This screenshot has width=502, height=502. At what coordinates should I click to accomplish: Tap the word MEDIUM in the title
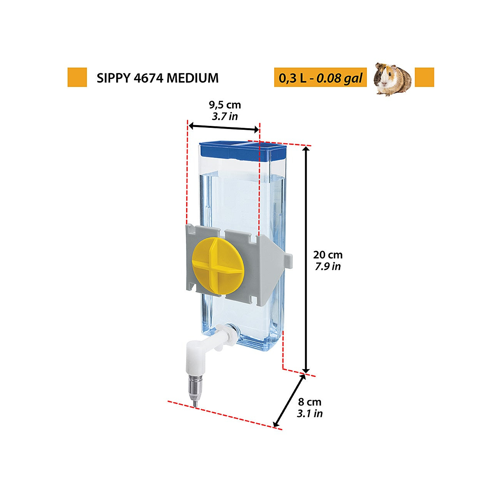point(193,78)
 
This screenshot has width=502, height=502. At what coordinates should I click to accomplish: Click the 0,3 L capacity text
point(293,78)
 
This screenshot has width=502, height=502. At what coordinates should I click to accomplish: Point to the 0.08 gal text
point(339,78)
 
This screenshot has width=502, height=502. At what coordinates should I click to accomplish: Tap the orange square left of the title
point(77,77)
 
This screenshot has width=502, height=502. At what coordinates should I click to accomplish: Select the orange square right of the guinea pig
point(424,77)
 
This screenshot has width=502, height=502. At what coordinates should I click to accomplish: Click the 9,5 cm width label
point(225,105)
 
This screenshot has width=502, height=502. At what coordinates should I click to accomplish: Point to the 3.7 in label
point(225,116)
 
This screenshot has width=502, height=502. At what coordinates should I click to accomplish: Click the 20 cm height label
point(328,254)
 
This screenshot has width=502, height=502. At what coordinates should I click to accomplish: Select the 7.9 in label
point(328,266)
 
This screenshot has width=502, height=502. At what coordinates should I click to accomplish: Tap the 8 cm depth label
point(310,402)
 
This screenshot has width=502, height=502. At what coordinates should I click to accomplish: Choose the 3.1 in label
point(310,414)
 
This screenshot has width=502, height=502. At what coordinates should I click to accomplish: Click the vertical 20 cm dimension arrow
point(306,259)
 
